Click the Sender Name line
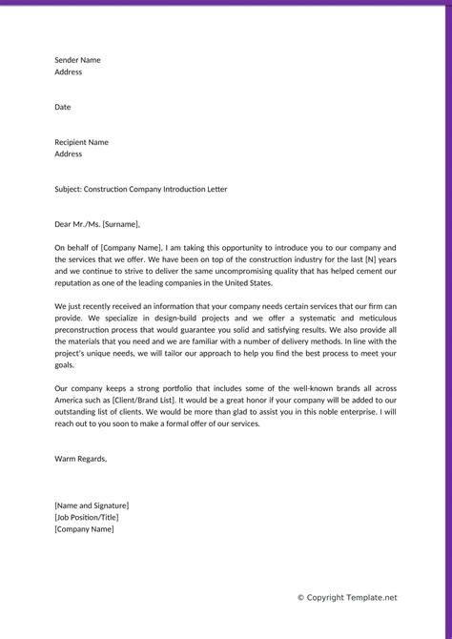[x=77, y=60]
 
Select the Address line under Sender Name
[x=69, y=72]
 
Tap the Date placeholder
[x=63, y=107]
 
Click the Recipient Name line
[x=81, y=142]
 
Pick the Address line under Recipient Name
[x=69, y=154]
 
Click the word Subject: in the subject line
[x=69, y=189]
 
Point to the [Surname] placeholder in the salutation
[x=119, y=224]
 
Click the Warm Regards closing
[x=81, y=459]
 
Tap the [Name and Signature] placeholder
[x=92, y=505]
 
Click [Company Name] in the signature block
[x=84, y=529]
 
